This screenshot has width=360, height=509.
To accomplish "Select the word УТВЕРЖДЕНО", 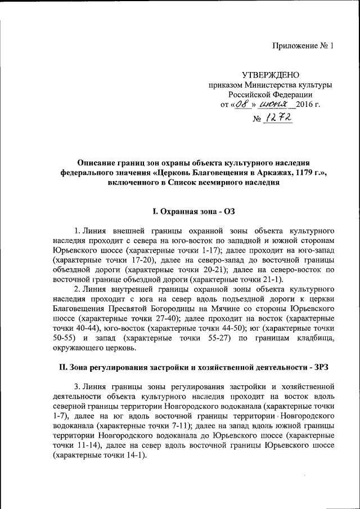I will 270,75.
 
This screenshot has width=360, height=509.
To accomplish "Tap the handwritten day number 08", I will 242,105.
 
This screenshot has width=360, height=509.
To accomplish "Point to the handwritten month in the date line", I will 273,104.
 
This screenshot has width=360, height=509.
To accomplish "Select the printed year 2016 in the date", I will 304,105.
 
